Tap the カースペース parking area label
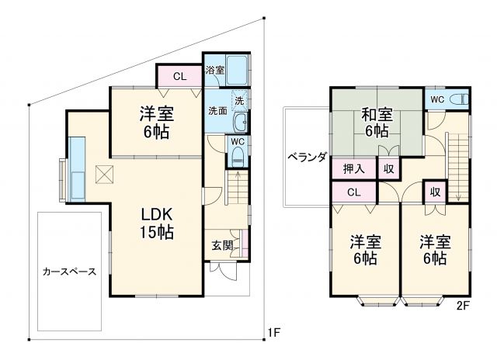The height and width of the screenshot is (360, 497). (69, 272)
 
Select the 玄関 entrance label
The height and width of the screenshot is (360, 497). (221, 246)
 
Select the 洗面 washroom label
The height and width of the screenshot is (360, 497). (217, 111)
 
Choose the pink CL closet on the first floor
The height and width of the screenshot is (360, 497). (179, 76)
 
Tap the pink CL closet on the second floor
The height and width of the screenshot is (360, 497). (353, 192)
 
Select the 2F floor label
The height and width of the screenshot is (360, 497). (463, 305)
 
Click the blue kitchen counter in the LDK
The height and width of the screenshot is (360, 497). (78, 168)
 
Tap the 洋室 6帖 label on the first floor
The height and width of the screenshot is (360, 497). (156, 122)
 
